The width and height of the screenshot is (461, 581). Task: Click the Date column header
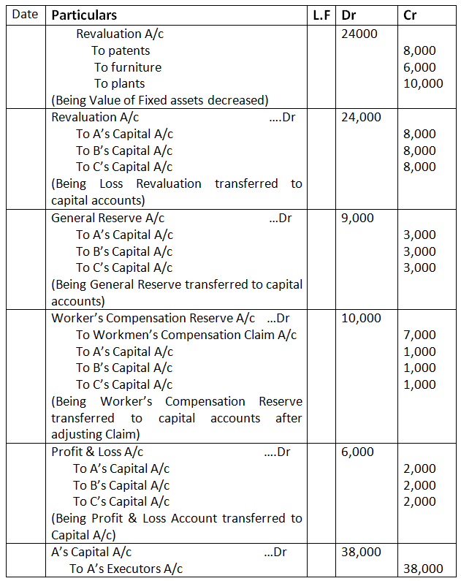pos(25,15)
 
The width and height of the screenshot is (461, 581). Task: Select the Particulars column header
pos(84,15)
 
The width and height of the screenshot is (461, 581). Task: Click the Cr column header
pos(410,15)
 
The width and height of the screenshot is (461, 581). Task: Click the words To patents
pos(121,50)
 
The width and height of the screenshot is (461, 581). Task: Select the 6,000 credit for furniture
pos(419,67)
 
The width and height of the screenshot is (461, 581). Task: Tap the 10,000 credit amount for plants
pos(423,83)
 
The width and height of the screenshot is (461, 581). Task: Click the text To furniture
pos(128,67)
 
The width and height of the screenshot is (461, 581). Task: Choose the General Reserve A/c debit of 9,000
pos(357,218)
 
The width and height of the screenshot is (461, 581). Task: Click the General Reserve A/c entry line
pos(108,218)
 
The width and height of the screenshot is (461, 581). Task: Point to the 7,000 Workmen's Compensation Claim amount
pos(419,335)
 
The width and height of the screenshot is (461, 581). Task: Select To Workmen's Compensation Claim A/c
pos(186,335)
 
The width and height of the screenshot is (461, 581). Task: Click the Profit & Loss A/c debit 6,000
pos(357,452)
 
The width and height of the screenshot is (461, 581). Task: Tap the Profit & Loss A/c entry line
pos(97,452)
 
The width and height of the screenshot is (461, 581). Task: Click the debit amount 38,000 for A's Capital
pos(361,552)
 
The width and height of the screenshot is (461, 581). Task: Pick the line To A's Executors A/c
pos(126,569)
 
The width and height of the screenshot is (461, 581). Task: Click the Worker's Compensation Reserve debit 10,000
pos(361,318)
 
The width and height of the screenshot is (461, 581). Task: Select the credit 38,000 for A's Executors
pos(423,569)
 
